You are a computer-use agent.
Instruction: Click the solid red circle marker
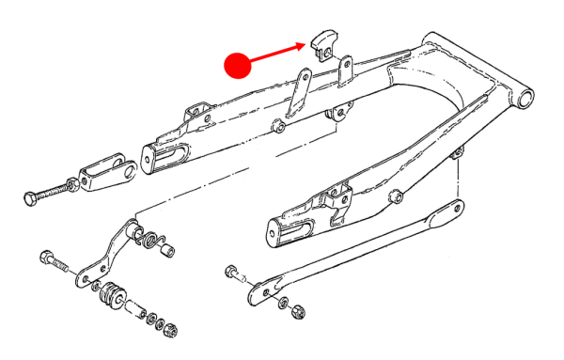(237, 66)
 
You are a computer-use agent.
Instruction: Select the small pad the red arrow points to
(321, 44)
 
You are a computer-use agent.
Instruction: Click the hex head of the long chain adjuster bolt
(30, 198)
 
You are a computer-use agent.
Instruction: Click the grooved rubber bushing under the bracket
(111, 298)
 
